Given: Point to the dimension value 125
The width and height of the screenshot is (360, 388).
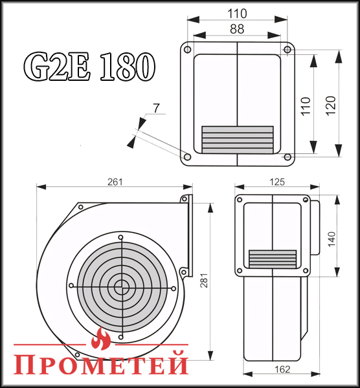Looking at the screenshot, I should click(x=276, y=182).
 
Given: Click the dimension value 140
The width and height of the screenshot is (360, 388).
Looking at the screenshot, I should click(x=332, y=239).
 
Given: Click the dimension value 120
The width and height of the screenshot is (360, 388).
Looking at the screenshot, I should click(x=331, y=103).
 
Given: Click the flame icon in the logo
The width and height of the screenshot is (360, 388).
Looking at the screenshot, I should click(x=101, y=337).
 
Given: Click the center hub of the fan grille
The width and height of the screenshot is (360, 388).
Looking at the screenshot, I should click(x=120, y=285).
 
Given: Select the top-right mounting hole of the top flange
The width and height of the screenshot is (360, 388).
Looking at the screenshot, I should click(x=287, y=49).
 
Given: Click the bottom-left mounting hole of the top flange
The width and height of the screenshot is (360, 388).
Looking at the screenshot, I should click(x=187, y=156).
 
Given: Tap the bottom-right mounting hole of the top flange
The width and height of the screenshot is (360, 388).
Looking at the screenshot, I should click(x=287, y=155).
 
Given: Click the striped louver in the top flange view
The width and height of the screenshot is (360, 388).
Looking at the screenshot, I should click(x=237, y=139).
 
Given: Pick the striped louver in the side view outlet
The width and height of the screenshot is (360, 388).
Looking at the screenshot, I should click(x=273, y=258).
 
